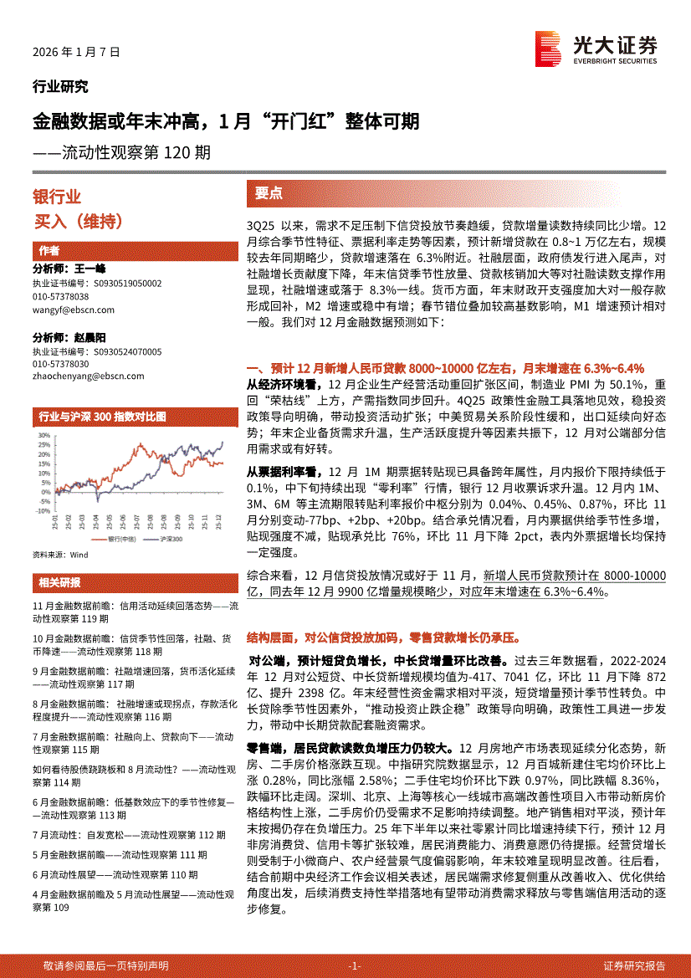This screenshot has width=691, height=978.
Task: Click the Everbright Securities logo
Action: [596, 49]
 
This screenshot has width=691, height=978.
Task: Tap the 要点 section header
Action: [269, 193]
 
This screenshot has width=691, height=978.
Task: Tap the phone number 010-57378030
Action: [60, 365]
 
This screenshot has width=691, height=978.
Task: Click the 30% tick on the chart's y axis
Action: [40, 436]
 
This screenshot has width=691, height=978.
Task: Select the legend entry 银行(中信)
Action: [119, 540]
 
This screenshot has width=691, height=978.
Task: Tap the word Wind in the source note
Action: [79, 555]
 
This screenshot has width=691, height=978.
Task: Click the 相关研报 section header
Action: [59, 582]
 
